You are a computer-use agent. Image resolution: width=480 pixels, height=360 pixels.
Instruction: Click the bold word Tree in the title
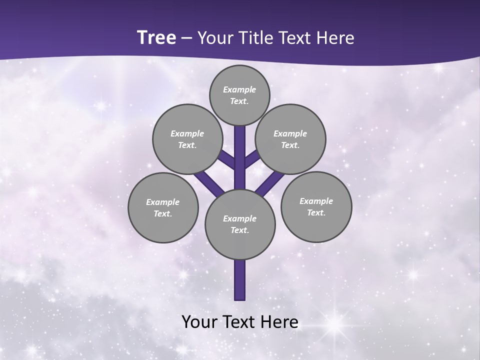(156, 37)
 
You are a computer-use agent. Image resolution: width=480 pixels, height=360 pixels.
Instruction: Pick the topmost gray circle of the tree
(239, 95)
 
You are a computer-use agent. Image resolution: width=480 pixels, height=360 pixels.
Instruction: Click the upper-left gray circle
(187, 139)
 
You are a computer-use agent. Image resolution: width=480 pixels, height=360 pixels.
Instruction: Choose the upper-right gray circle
(290, 139)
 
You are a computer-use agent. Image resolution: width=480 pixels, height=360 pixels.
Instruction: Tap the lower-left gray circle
(163, 207)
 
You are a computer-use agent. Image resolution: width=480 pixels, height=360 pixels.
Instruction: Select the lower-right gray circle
(316, 206)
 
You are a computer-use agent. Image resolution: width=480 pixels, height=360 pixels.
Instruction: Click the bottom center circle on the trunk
(240, 224)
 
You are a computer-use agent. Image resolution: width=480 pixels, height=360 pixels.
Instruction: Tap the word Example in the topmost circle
(239, 89)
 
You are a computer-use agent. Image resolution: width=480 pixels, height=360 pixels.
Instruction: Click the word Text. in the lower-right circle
(316, 212)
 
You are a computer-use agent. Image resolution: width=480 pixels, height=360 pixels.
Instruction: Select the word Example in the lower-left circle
(162, 202)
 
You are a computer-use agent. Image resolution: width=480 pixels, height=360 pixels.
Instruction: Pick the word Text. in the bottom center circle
(239, 230)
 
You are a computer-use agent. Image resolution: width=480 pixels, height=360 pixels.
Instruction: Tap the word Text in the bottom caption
(239, 321)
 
